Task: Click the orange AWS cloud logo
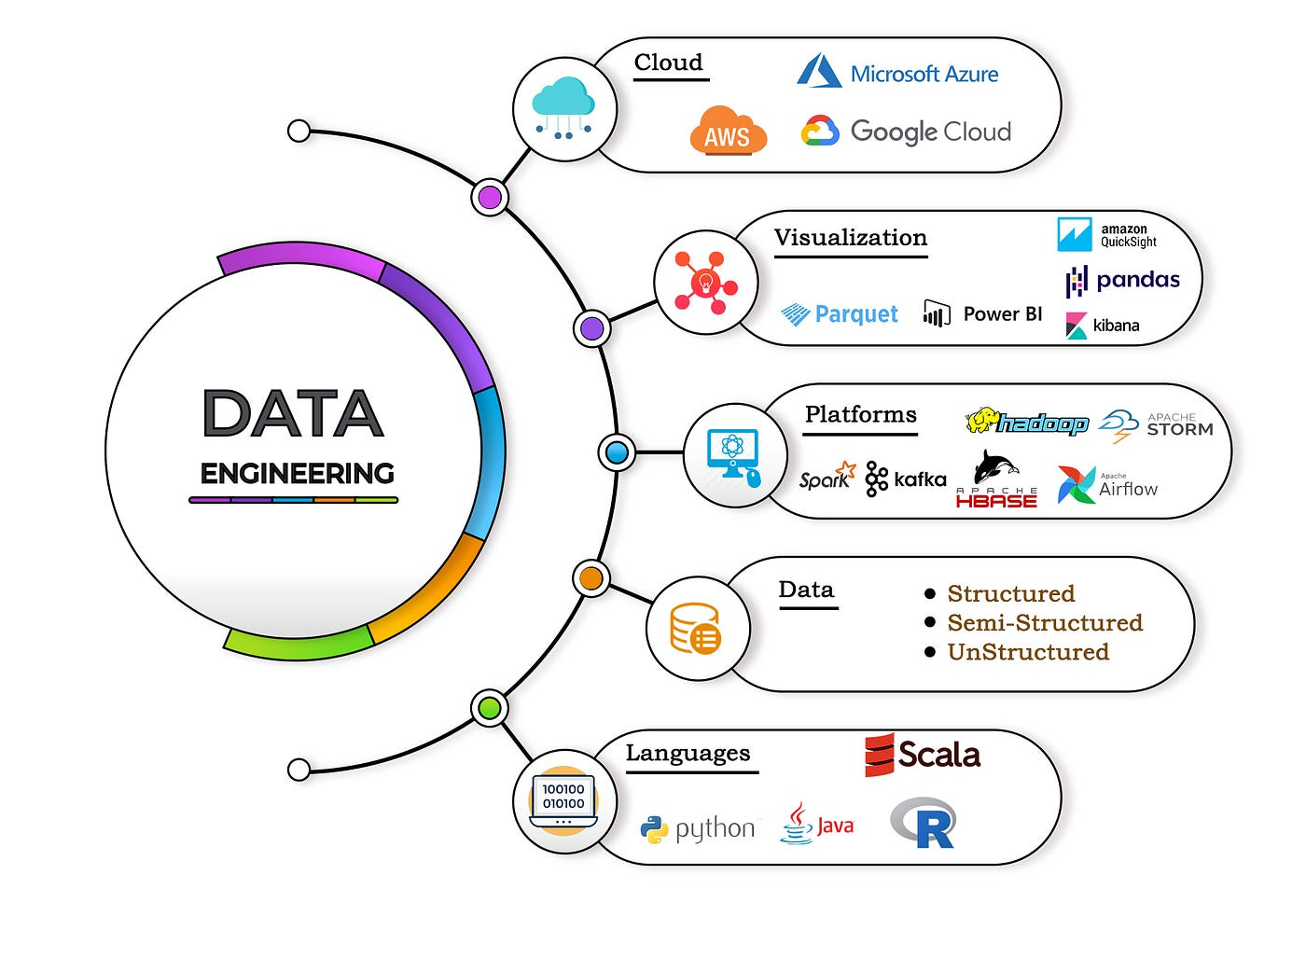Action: click(x=728, y=132)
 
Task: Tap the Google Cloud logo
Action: click(x=906, y=132)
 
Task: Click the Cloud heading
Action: click(x=668, y=62)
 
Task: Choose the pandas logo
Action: click(x=1123, y=280)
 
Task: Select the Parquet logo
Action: click(x=840, y=314)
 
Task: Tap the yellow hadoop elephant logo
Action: click(x=1026, y=423)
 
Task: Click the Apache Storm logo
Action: click(x=1156, y=425)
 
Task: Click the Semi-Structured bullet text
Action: click(x=1044, y=622)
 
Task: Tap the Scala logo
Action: click(x=923, y=755)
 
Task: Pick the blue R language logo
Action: click(x=924, y=823)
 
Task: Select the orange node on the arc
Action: click(x=590, y=578)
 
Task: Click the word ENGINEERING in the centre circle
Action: click(x=297, y=474)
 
